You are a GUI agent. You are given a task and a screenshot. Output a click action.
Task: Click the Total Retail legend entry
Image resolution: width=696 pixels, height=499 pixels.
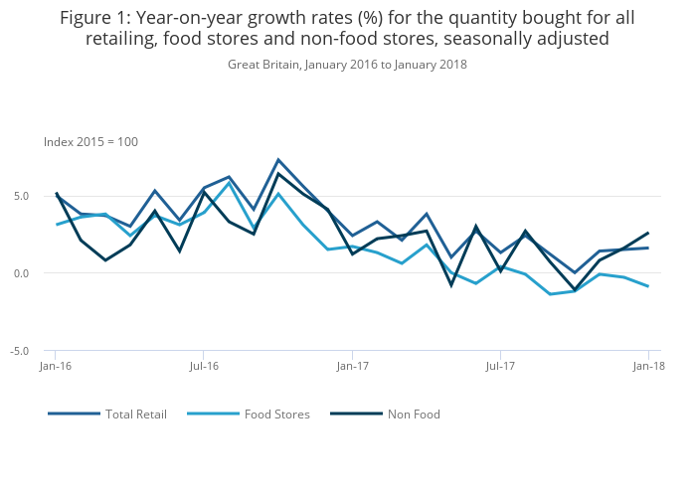tap(136, 415)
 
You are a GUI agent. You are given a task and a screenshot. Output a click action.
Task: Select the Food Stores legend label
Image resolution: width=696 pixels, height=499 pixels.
tap(276, 415)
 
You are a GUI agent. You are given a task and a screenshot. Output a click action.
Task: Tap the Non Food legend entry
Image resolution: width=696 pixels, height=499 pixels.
tap(414, 415)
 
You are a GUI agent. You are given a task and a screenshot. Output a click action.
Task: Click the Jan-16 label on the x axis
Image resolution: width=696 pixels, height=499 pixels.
tap(55, 367)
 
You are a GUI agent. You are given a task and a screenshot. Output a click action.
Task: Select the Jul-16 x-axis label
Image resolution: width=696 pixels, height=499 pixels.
tap(203, 367)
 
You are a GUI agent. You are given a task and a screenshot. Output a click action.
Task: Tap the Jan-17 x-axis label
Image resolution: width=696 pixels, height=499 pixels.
tap(352, 367)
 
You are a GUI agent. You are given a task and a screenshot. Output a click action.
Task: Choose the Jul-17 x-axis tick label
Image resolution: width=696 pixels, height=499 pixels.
tap(500, 367)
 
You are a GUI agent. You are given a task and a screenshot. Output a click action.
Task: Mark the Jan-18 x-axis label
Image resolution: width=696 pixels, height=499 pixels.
tap(648, 367)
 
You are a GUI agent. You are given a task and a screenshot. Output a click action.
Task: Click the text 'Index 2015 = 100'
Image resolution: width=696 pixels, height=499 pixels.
tap(90, 142)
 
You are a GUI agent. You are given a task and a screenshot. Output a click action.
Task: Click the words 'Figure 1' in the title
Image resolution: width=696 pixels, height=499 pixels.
tap(95, 18)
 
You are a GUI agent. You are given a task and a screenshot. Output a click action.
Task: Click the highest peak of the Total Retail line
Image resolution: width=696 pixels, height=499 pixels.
tap(278, 159)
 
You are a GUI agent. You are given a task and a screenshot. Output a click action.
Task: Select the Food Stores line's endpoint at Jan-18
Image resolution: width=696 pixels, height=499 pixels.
tap(648, 286)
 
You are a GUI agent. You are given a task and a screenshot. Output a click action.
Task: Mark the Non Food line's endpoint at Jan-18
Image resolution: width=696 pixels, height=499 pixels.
tap(648, 233)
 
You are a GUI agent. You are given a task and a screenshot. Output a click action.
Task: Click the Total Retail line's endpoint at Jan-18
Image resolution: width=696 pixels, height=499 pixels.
tap(648, 248)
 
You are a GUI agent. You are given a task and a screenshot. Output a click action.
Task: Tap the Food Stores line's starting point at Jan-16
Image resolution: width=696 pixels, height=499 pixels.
tap(56, 225)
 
